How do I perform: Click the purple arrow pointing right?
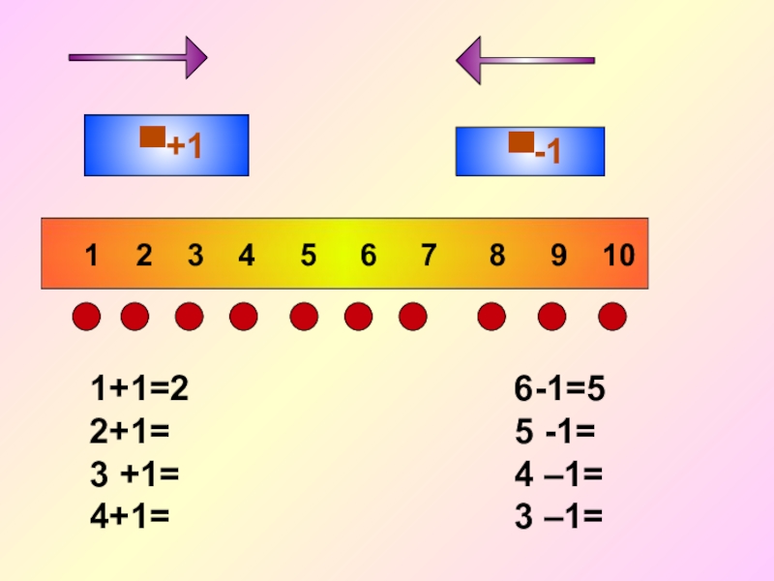tap(137, 57)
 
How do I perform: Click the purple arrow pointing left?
tap(524, 60)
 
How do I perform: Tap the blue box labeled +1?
tap(166, 145)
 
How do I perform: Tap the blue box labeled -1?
tap(530, 151)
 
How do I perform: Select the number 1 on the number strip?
tap(91, 256)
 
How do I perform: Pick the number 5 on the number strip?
tap(308, 256)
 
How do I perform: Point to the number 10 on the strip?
tap(618, 256)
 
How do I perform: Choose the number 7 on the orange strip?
tap(428, 256)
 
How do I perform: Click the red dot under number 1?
tap(87, 316)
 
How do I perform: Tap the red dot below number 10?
tap(612, 316)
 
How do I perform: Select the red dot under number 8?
tap(491, 316)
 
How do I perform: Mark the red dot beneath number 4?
tap(244, 316)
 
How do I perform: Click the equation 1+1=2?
tap(139, 389)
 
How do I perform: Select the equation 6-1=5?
tap(559, 389)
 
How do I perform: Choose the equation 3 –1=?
tap(558, 517)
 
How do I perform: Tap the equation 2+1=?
tap(131, 432)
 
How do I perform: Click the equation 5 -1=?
tap(554, 432)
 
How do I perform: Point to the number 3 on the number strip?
tap(195, 256)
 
